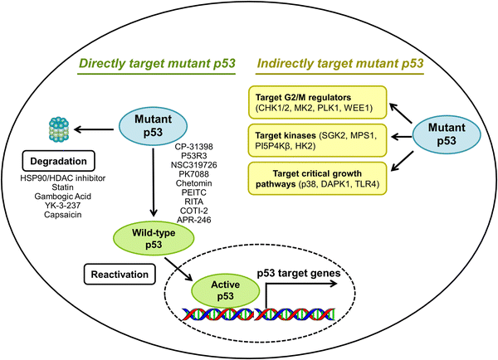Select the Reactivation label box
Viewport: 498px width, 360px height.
120,272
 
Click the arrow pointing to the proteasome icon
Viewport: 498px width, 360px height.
95,129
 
